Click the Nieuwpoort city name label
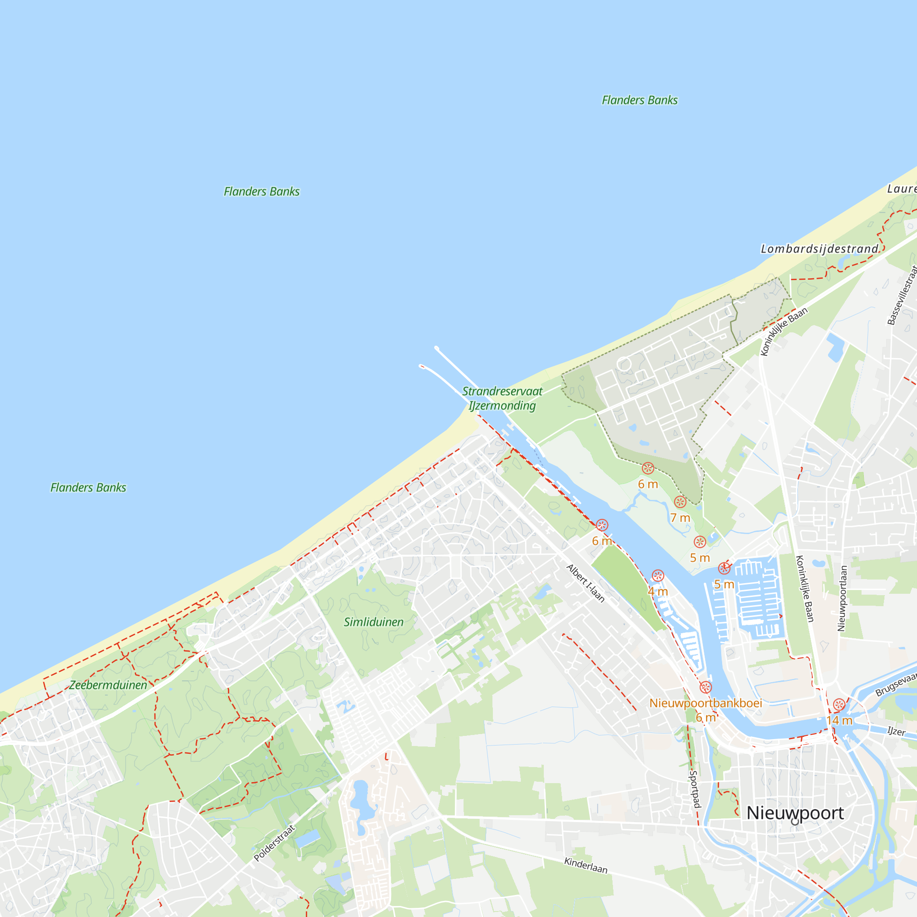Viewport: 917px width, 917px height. point(795,812)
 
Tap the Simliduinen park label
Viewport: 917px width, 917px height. point(374,622)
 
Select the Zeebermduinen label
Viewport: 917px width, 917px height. point(108,685)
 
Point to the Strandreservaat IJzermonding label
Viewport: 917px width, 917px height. point(502,398)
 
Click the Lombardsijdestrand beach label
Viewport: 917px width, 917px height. point(820,249)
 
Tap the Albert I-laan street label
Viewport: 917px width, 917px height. point(585,583)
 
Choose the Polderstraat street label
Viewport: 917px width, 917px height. point(274,843)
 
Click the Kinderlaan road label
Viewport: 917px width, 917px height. point(586,865)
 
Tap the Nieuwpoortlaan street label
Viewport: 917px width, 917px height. point(842,598)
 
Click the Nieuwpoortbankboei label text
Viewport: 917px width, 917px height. point(705,703)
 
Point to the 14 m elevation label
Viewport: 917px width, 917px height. point(839,720)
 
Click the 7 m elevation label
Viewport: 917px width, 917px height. point(680,518)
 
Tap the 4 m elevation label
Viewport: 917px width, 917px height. point(658,592)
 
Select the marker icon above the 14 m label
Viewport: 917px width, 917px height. point(839,705)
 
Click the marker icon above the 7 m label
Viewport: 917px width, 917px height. point(680,502)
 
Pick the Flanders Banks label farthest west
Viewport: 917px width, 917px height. point(88,487)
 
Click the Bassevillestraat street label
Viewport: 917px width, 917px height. point(902,295)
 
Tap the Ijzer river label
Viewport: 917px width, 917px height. point(896,731)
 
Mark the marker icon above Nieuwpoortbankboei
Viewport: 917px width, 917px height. point(705,687)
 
